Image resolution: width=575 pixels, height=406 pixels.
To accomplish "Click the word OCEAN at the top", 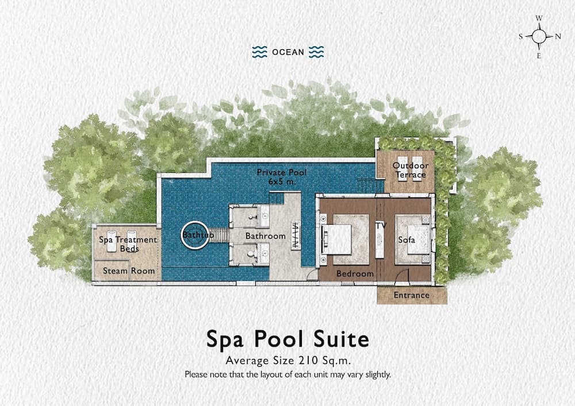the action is point(288,52).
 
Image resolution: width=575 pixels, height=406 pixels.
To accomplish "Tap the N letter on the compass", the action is point(558,36).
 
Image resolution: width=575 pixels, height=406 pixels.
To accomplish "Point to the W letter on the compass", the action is point(539,18).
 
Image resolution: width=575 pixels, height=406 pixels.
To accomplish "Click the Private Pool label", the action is point(281,172).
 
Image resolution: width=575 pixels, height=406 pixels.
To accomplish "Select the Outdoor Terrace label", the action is point(411,170).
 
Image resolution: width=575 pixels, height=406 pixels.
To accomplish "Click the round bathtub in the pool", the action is point(195,235).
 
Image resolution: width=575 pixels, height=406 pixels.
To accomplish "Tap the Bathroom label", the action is point(266,236).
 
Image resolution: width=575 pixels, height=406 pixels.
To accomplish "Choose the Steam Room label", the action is point(129,271).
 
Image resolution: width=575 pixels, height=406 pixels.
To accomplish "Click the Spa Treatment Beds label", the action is point(128,244).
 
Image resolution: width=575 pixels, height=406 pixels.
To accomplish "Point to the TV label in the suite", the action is point(381,226).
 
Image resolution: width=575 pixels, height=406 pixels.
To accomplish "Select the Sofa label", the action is point(407,240).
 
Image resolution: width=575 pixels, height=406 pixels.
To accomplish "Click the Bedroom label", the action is point(355,273).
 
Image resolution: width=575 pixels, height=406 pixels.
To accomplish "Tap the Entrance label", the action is point(412,295).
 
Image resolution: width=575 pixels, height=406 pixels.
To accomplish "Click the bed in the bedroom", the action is point(336,239).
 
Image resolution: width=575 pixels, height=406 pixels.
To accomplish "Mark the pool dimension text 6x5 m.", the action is point(282,181).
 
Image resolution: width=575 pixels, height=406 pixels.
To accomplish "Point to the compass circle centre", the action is point(539,36).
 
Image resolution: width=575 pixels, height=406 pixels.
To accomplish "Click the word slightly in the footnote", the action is point(378,374).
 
